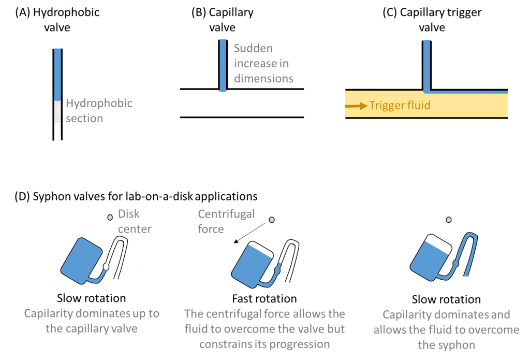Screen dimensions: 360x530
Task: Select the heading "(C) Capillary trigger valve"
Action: [x=432, y=20]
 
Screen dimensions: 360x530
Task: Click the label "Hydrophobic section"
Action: [x=98, y=110]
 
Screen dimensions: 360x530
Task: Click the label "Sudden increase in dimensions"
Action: [x=263, y=63]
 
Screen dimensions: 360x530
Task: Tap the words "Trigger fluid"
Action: [x=400, y=106]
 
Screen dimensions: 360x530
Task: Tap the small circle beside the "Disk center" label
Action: [x=109, y=218]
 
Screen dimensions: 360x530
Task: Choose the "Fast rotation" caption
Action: [x=264, y=299]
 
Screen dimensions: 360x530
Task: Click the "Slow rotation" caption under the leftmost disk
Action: [x=91, y=298]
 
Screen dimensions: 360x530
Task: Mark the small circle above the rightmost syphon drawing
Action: [x=449, y=220]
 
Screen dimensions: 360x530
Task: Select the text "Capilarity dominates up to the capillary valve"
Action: [x=92, y=321]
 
